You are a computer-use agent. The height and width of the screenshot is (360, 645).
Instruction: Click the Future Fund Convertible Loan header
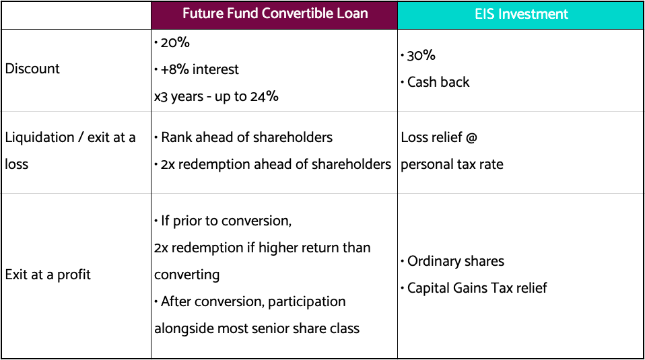(275, 13)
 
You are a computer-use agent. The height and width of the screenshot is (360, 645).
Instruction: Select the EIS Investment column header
(521, 14)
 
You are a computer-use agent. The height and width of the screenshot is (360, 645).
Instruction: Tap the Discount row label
(32, 68)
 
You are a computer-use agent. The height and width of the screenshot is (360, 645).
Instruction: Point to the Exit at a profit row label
(48, 275)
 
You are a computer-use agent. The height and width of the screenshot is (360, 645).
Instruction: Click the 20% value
(175, 42)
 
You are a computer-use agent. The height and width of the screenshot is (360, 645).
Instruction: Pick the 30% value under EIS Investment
(421, 55)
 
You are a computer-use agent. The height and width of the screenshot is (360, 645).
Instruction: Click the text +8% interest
(199, 69)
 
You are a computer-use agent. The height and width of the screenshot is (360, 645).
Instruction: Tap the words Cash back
(438, 82)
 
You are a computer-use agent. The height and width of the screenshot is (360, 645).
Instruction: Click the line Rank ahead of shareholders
(246, 137)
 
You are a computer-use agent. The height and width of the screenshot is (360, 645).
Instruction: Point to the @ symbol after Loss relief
(471, 137)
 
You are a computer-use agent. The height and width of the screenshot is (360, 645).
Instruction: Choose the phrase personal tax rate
(452, 164)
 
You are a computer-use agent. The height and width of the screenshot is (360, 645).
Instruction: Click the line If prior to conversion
(226, 221)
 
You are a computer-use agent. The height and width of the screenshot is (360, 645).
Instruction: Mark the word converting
(186, 275)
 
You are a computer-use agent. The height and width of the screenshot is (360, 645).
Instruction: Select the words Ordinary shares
(456, 261)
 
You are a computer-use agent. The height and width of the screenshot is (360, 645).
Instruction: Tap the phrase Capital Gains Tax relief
(477, 288)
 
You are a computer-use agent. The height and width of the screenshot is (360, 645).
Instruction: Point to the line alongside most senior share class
(257, 328)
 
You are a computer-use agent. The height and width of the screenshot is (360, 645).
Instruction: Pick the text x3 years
(178, 97)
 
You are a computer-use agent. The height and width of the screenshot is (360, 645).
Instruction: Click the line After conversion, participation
(253, 301)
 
